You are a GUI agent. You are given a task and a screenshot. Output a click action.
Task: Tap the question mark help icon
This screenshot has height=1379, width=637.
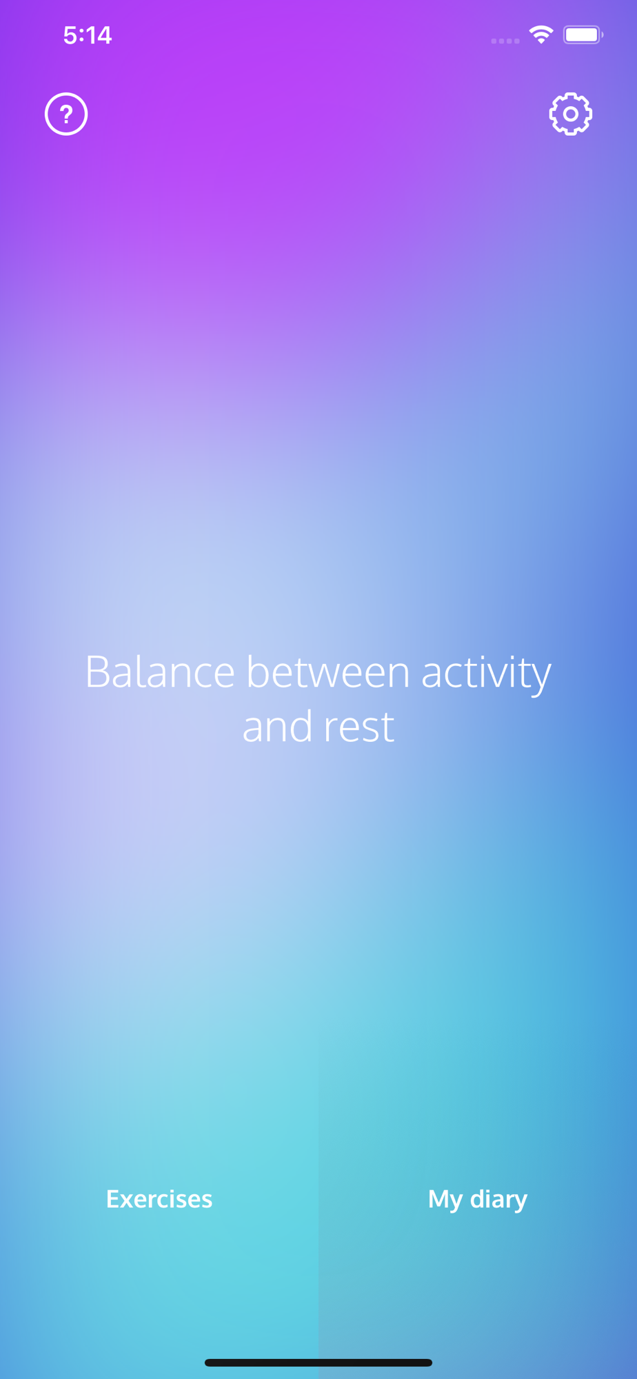coord(66,114)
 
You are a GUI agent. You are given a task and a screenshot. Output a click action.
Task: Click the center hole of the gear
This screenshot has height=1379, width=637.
coord(571,114)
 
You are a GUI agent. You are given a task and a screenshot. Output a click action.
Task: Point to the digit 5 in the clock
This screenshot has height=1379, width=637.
coord(70,35)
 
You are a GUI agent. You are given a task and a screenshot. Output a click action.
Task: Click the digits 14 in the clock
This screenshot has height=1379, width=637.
coord(98,35)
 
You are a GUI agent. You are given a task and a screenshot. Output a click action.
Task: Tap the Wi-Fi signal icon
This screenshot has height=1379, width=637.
coord(541,34)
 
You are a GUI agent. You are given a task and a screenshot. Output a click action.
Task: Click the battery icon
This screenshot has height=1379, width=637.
coord(583,34)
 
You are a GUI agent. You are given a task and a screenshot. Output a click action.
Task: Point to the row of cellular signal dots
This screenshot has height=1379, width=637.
coord(505,41)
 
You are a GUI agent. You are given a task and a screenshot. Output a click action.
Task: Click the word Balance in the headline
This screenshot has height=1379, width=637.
coord(160,672)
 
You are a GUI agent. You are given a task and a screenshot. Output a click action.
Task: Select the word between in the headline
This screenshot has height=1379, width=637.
coord(328,672)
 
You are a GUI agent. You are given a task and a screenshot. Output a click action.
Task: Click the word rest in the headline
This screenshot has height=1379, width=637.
coord(359,728)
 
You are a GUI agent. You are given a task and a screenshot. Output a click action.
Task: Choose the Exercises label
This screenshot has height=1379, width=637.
coord(159,1199)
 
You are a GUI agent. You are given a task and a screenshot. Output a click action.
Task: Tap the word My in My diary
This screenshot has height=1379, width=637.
coord(445,1200)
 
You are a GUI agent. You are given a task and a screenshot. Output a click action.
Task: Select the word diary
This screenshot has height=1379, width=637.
coord(498,1200)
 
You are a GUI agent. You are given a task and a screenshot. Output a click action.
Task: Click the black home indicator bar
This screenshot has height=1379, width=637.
coord(318,1362)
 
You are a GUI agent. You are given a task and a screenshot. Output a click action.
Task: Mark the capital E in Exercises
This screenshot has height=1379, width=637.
coord(113,1199)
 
